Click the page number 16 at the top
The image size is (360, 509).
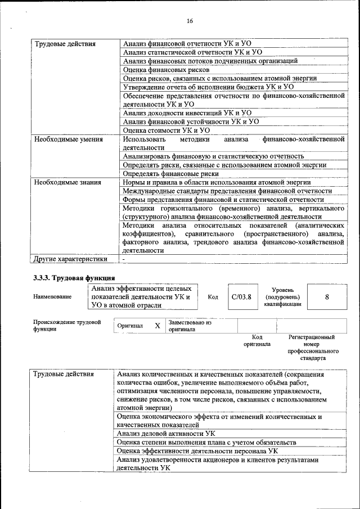(x=190, y=21)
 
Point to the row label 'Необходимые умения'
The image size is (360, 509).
(x=68, y=139)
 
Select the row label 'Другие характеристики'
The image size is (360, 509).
(x=70, y=260)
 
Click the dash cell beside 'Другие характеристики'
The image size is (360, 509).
(x=124, y=260)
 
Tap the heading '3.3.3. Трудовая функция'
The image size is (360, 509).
(x=74, y=278)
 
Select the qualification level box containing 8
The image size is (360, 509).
(x=327, y=296)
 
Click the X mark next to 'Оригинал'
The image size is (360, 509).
(x=157, y=326)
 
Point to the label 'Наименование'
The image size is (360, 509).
(x=52, y=296)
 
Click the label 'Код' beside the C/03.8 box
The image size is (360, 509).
(x=213, y=296)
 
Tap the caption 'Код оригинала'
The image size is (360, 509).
(x=256, y=340)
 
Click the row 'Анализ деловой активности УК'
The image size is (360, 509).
(x=165, y=434)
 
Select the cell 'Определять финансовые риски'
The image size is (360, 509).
(x=170, y=174)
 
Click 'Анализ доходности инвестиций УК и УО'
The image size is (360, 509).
(x=179, y=113)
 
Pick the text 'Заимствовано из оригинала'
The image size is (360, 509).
(x=190, y=326)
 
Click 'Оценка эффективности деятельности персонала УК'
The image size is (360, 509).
(x=197, y=451)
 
